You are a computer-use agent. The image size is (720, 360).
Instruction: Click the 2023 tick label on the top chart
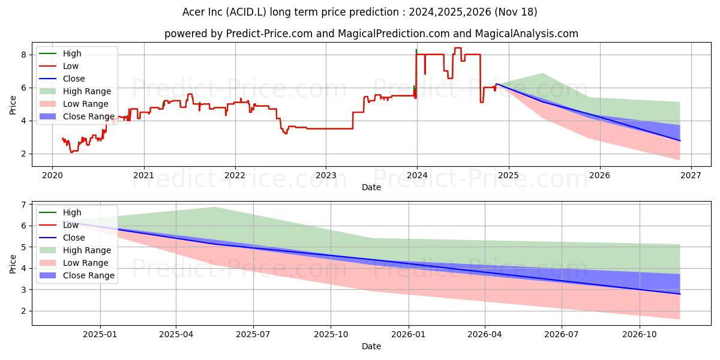[x=326, y=175]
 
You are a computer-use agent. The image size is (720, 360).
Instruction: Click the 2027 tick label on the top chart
[x=691, y=175]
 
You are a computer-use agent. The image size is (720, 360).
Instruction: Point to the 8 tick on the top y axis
[x=25, y=55]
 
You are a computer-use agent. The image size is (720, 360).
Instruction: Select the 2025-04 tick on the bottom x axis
[x=176, y=334]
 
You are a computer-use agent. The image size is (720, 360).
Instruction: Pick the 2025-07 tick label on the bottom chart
[x=253, y=334]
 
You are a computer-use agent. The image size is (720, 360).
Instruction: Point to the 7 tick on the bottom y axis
[x=25, y=205]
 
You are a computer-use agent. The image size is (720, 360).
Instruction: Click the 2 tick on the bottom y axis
[x=25, y=311]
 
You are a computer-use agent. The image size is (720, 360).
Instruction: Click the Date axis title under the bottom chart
[x=371, y=346]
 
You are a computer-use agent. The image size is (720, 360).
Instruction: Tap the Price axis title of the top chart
[x=13, y=105]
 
